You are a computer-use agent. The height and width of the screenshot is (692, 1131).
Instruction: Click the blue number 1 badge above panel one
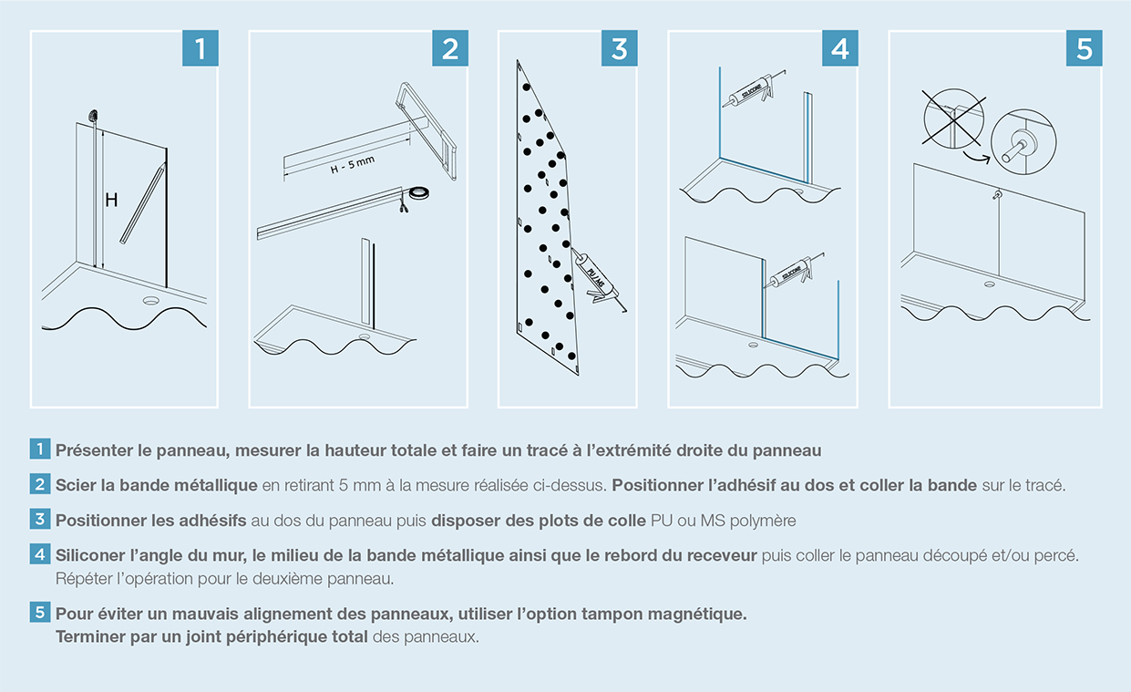point(200,48)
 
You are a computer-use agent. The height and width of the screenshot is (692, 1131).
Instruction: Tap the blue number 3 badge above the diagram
point(619,48)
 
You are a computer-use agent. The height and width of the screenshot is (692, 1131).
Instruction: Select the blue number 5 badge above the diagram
point(1084,48)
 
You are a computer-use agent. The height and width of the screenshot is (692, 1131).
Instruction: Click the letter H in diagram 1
point(110,201)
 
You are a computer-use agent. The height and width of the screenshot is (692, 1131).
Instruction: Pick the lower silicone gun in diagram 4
point(789,271)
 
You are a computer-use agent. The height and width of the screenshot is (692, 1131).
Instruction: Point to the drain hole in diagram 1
point(150,299)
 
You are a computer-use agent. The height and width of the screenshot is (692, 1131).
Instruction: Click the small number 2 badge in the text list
point(40,484)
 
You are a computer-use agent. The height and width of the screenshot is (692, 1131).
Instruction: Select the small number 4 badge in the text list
point(40,554)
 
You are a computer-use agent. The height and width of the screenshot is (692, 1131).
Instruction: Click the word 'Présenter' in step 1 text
point(89,449)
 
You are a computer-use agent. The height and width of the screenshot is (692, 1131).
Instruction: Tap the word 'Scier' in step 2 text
point(75,485)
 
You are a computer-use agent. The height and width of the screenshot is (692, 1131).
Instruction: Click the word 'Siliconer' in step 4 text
point(89,555)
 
